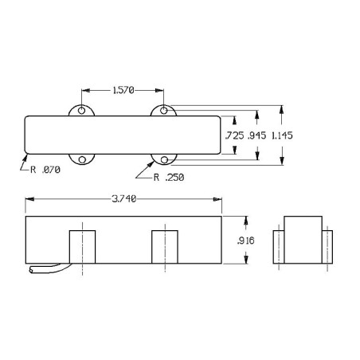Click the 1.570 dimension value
pyautogui.click(x=123, y=91)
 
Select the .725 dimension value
pyautogui.click(x=235, y=135)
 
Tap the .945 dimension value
pyautogui.click(x=256, y=135)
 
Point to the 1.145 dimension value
pyautogui.click(x=282, y=135)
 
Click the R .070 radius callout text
pyautogui.click(x=45, y=170)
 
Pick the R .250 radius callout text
pyautogui.click(x=169, y=178)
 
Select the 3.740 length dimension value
pyautogui.click(x=124, y=199)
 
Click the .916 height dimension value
pyautogui.click(x=246, y=241)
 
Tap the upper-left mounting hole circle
pyautogui.click(x=81, y=110)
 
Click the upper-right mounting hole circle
pyautogui.click(x=164, y=110)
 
